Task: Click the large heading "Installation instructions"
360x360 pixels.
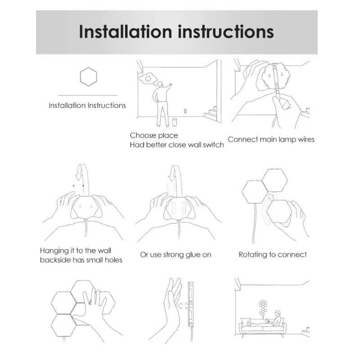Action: (x=176, y=31)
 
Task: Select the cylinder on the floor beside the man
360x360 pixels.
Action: (x=174, y=122)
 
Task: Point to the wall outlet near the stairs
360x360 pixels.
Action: (x=185, y=111)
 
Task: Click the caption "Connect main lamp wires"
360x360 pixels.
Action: (x=271, y=139)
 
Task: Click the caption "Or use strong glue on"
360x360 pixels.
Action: (x=175, y=255)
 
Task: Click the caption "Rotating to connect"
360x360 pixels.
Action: (x=273, y=255)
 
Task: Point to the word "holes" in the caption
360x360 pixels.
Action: (x=113, y=260)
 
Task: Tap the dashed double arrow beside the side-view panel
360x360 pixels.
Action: (x=183, y=306)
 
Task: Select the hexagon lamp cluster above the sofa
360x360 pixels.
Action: (x=263, y=308)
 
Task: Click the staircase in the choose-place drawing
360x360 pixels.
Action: (x=211, y=114)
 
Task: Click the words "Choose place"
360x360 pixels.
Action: (x=154, y=135)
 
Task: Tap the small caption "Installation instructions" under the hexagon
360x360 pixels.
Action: (x=87, y=106)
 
